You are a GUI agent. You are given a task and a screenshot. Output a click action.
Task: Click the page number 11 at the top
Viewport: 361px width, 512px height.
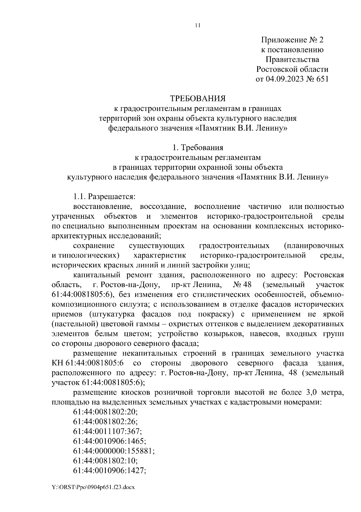197,25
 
